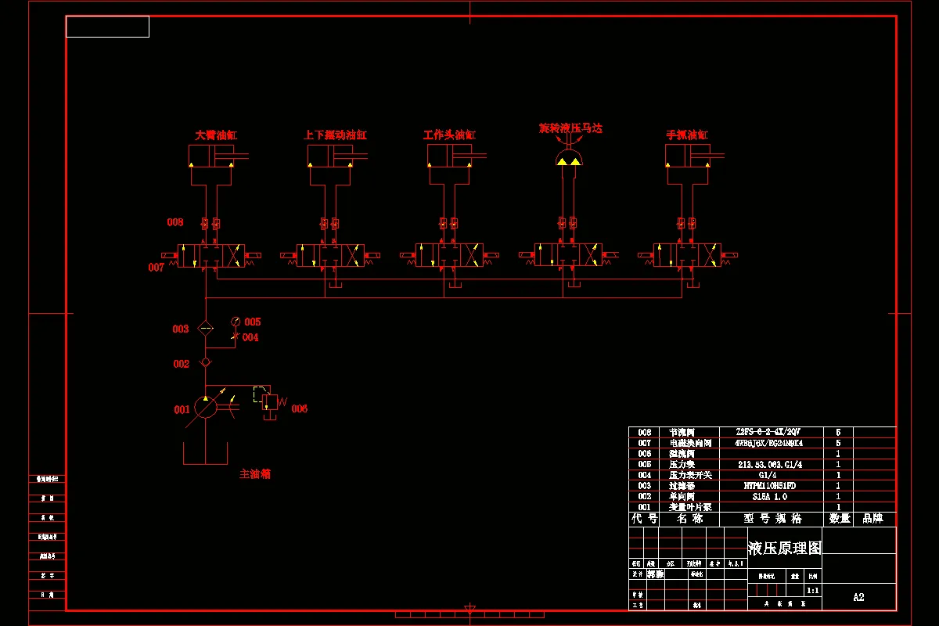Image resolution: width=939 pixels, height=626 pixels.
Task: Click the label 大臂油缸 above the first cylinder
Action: click(216, 135)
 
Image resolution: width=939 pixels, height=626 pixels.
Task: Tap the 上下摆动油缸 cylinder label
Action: click(335, 135)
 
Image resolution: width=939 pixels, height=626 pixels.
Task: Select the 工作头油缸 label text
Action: click(449, 135)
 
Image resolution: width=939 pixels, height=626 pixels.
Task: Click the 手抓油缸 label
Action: click(686, 135)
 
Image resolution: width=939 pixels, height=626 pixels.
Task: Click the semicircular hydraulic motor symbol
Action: click(569, 160)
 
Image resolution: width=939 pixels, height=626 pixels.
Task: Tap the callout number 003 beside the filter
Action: click(181, 329)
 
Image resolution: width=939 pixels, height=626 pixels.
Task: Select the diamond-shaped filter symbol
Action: click(205, 329)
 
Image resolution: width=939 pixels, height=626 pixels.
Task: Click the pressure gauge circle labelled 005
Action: click(236, 322)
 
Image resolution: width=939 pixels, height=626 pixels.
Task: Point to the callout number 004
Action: click(250, 338)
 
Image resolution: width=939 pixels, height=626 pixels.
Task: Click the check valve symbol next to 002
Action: click(205, 362)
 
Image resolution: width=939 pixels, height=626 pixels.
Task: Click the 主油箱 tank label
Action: click(255, 474)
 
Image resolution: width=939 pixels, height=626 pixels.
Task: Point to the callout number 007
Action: click(156, 268)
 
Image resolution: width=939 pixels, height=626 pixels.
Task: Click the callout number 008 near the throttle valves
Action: click(174, 222)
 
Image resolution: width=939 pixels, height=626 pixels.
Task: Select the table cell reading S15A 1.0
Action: click(769, 496)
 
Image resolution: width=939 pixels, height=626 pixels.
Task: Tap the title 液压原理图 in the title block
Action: click(784, 549)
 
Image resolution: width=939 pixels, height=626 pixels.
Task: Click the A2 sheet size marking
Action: click(858, 597)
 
